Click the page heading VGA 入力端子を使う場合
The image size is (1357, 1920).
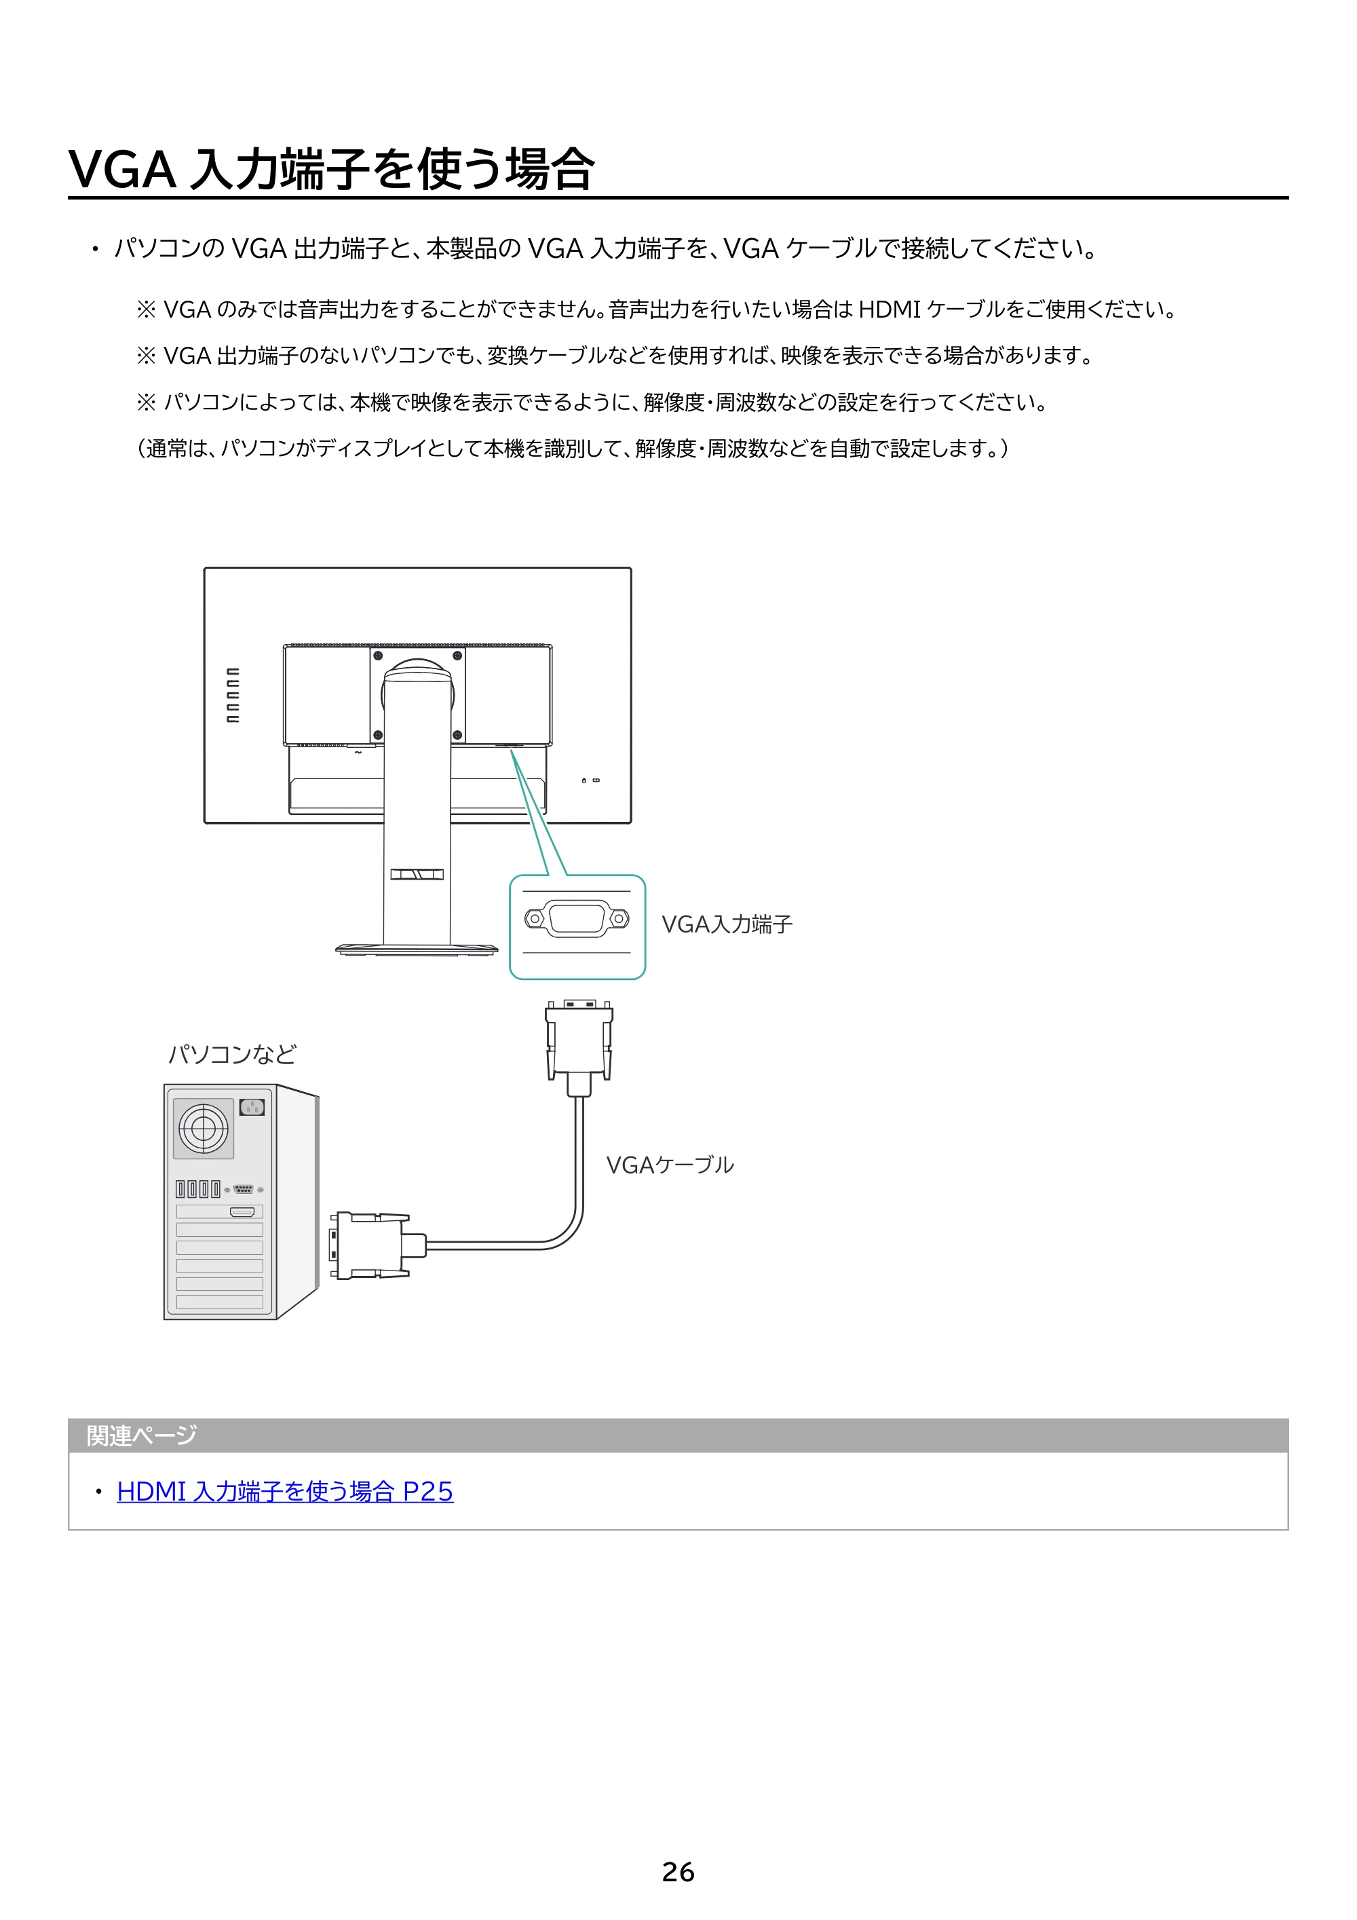coord(331,170)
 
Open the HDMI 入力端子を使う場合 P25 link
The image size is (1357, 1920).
coord(285,1491)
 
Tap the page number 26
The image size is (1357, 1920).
coord(678,1872)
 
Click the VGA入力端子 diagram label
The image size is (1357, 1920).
coord(727,924)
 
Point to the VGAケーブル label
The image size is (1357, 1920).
coord(670,1165)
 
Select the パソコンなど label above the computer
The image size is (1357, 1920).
coord(233,1053)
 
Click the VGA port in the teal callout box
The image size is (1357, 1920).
coord(577,919)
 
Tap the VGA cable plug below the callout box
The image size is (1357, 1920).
coord(579,1048)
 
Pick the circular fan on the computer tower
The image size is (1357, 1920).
coord(203,1128)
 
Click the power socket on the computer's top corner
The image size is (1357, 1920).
coord(252,1107)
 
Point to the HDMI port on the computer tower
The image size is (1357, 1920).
coord(242,1211)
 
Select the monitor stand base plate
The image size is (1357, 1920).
coord(417,949)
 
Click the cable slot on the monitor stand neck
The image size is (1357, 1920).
coord(417,874)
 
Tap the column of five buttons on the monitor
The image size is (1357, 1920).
coord(233,695)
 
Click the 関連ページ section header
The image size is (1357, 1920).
coord(141,1436)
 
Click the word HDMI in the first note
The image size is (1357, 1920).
coord(890,309)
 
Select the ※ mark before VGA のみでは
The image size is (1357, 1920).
coord(147,310)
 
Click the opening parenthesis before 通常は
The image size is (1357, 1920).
coord(141,449)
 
